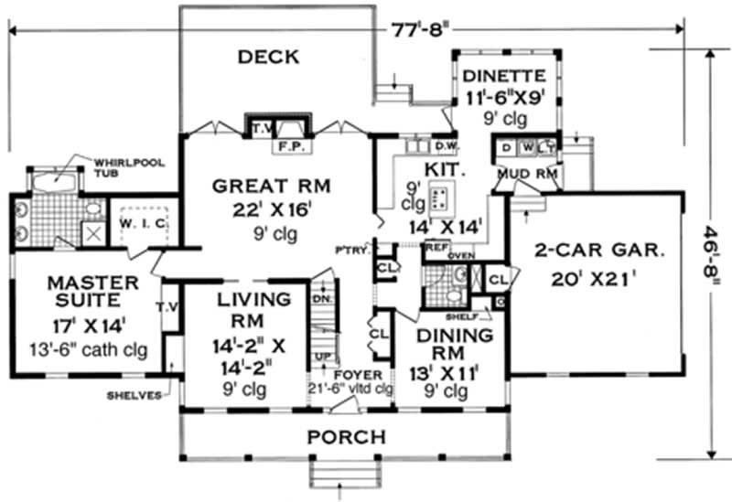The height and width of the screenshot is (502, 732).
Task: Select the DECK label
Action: (268, 57)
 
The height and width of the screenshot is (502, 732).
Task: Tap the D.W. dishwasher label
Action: (447, 146)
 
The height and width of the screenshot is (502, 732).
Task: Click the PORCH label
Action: (346, 436)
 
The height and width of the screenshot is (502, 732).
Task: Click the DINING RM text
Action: (448, 345)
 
